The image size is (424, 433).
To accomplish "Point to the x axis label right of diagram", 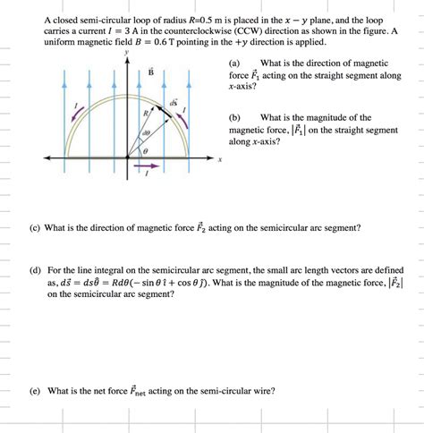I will (218, 162).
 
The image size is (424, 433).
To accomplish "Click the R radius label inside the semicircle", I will (145, 114).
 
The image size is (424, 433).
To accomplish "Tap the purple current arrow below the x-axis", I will (149, 166).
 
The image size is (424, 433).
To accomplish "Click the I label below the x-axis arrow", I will (148, 176).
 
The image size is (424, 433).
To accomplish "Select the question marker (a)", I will (234, 64).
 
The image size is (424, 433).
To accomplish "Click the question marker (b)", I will (235, 117).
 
